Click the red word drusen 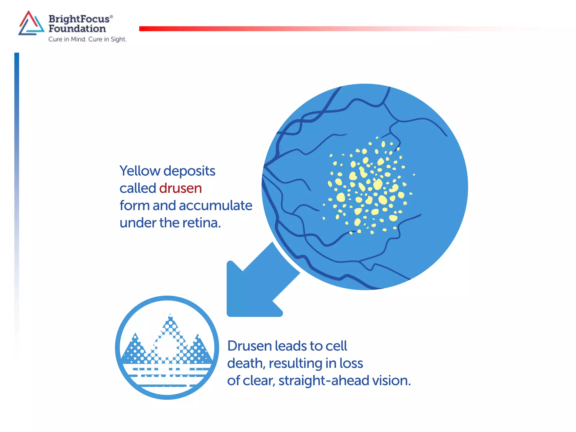(x=180, y=188)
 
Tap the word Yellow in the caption (x=140, y=171)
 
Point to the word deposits (x=189, y=171)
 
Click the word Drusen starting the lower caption (x=249, y=346)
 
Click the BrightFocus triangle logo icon (x=31, y=24)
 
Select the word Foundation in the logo (x=77, y=29)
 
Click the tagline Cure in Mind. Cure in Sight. (x=87, y=39)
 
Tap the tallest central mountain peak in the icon (x=170, y=323)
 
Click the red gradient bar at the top (x=281, y=29)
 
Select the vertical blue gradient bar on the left (x=17, y=169)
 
